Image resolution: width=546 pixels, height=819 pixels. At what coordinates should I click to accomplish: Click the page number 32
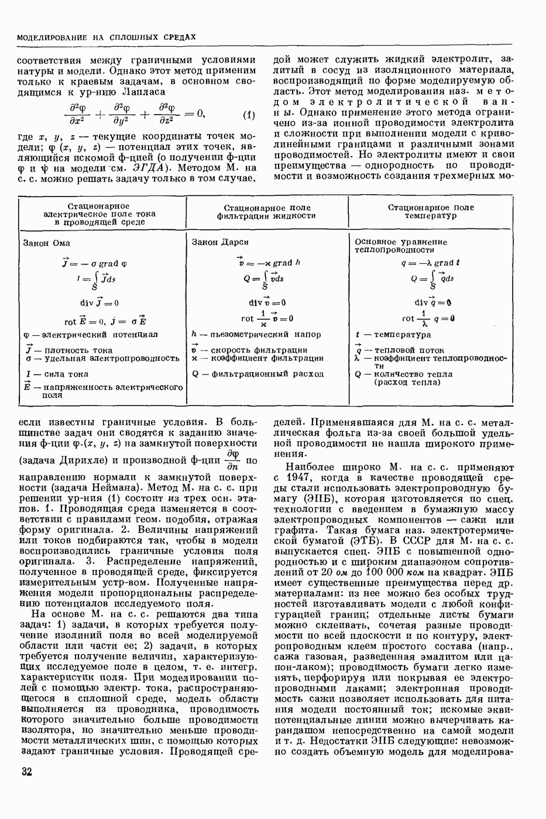pyautogui.click(x=26, y=771)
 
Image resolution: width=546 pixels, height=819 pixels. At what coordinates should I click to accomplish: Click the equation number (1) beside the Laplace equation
pyautogui.click(x=248, y=115)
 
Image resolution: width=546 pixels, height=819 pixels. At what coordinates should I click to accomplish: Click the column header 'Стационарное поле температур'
pyautogui.click(x=431, y=211)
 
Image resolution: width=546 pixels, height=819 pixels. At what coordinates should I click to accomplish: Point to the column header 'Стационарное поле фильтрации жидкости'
pyautogui.click(x=267, y=211)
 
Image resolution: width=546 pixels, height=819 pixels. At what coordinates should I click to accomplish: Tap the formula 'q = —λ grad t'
pyautogui.click(x=430, y=263)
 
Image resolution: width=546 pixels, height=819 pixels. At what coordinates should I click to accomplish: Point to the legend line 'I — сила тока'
pyautogui.click(x=56, y=374)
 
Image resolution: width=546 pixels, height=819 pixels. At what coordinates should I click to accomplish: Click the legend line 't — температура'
pyautogui.click(x=393, y=335)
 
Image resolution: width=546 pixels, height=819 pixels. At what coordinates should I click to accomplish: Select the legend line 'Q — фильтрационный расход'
pyautogui.click(x=257, y=374)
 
